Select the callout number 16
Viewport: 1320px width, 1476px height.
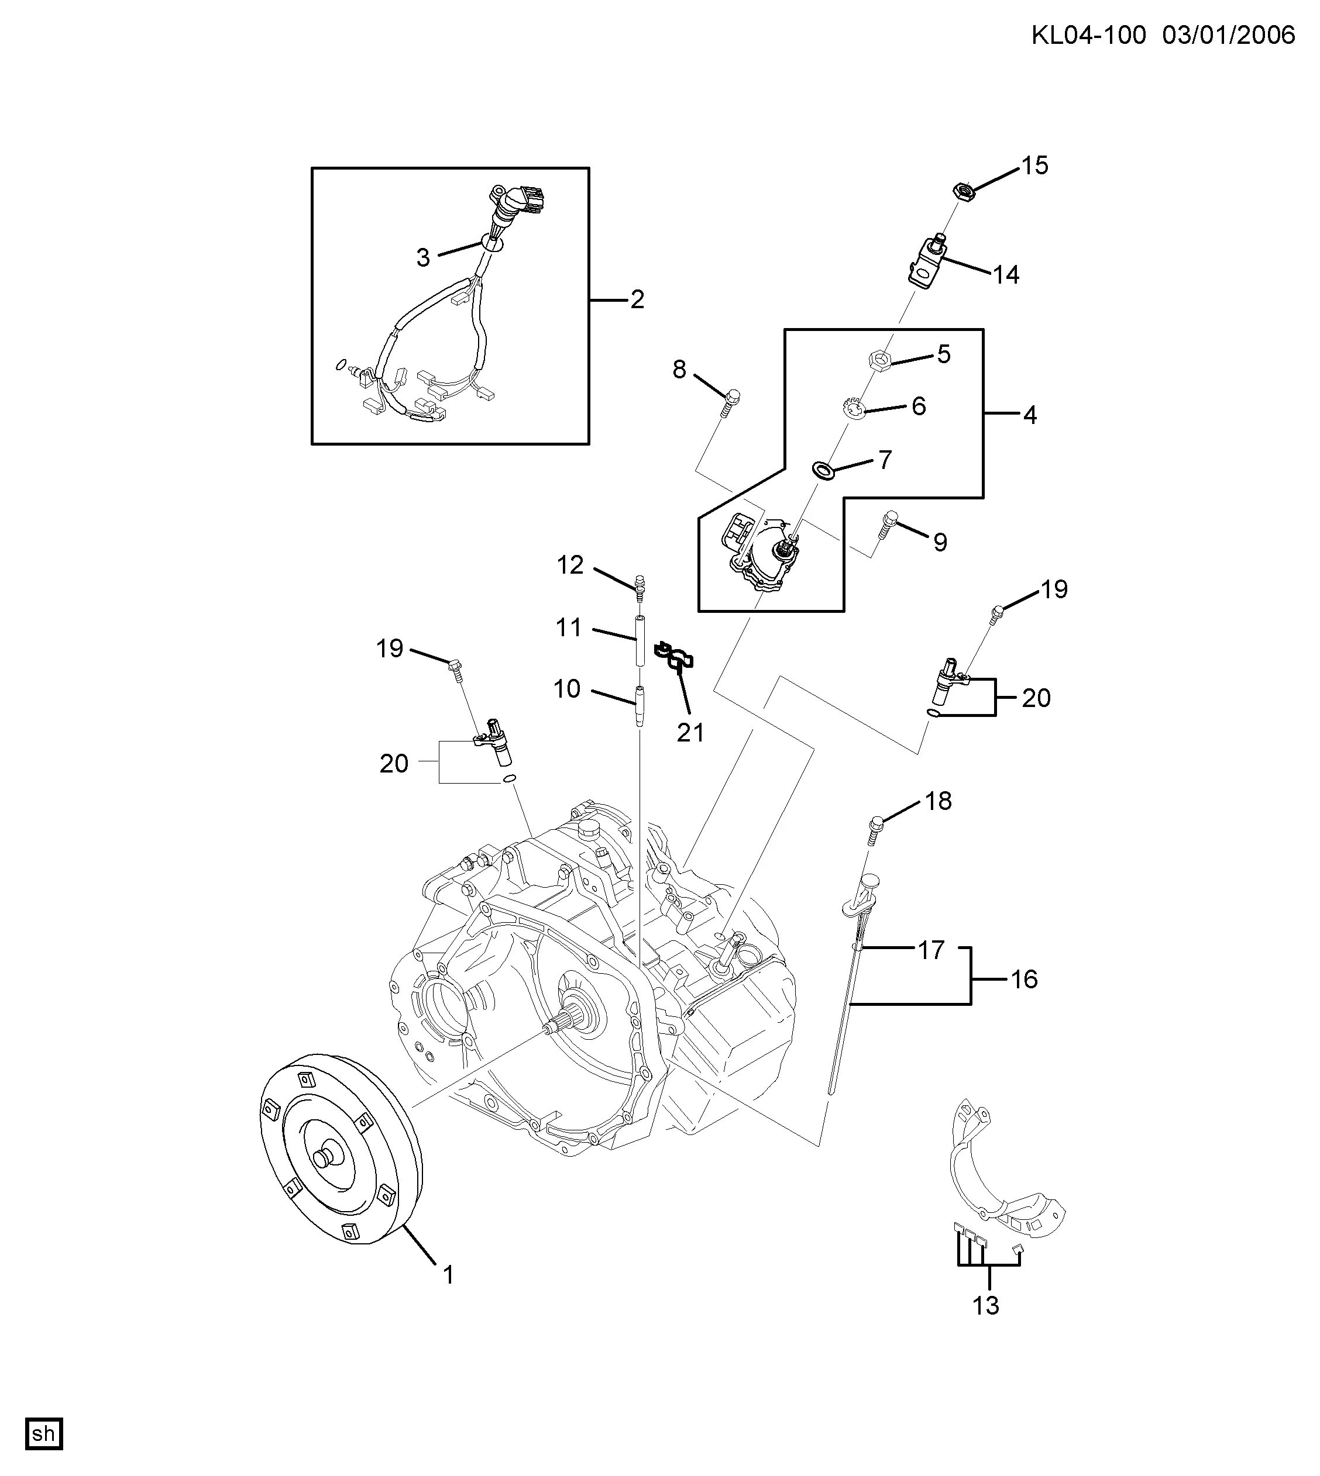coord(1024,980)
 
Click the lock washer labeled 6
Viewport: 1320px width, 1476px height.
coord(854,409)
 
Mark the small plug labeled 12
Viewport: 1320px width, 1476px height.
coord(640,587)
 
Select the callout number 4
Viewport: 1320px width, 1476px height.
coord(1030,415)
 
